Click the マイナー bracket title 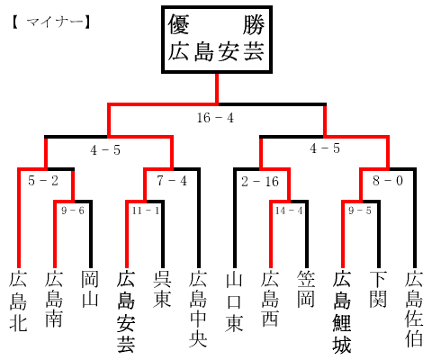point(51,22)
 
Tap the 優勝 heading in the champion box point(216,24)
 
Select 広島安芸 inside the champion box point(216,52)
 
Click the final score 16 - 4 point(215,118)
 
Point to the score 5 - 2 point(43,181)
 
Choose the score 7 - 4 point(172,181)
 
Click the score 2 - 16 point(260,182)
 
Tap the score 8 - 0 point(388,181)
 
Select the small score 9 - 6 point(73,211)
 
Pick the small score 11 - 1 point(146,211)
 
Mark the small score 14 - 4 point(289,211)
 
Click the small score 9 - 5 point(360,211)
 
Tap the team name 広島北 point(18,301)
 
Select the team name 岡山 point(90,289)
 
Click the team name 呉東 point(162,289)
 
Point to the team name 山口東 point(234,301)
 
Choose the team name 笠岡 point(306,289)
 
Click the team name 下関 point(378,289)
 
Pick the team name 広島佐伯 point(414,309)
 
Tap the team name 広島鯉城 point(342,311)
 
